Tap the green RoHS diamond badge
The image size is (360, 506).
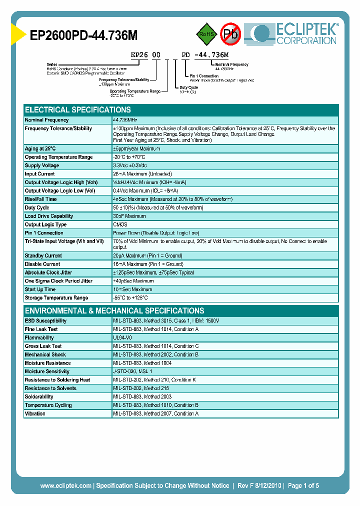(205, 34)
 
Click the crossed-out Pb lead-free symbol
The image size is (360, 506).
(231, 34)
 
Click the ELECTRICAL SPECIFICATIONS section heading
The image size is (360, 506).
(78, 110)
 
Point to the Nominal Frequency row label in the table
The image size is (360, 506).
(47, 120)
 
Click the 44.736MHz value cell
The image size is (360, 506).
(125, 120)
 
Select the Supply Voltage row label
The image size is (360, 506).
(42, 165)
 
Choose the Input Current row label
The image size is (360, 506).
(40, 174)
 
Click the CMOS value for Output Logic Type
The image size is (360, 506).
(120, 224)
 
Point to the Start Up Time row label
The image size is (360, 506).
(40, 289)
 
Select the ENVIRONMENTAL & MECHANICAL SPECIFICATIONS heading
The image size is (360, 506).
(114, 310)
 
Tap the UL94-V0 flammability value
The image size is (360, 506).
(122, 338)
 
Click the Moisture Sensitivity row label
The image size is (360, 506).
(47, 371)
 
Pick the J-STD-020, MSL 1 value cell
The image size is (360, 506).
(132, 371)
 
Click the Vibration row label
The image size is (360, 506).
(35, 413)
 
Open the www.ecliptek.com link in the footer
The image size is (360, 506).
(65, 485)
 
